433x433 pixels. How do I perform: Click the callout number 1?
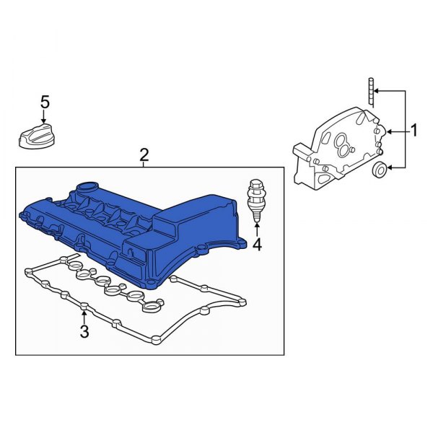pos(415,131)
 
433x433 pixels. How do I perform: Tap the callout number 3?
pos(84,332)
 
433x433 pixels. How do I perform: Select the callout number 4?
pos(257,245)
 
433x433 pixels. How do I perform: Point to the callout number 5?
pos(45,102)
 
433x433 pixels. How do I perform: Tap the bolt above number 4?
pos(255,198)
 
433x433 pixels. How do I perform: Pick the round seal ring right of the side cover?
pos(378,170)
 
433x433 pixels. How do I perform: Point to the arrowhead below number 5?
pos(45,123)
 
